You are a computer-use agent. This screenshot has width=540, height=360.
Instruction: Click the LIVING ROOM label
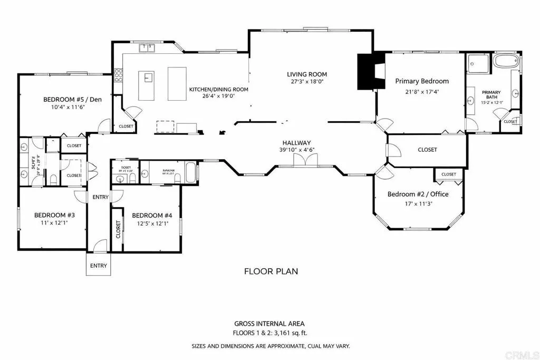[307, 74]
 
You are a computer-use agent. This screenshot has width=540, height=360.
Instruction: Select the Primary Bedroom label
[422, 81]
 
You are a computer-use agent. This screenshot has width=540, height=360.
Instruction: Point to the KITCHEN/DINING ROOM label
[218, 89]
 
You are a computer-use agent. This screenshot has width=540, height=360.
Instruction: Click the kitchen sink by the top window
[147, 48]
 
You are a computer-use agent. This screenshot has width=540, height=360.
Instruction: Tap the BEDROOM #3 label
[51, 215]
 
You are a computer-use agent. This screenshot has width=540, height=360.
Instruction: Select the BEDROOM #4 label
[152, 215]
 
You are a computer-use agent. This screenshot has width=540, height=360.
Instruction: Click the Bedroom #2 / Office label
[418, 194]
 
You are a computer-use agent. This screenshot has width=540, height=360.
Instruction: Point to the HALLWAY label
[296, 143]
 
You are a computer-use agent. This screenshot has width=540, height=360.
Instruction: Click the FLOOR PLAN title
[271, 271]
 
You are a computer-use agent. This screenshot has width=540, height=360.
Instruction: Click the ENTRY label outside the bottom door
[98, 266]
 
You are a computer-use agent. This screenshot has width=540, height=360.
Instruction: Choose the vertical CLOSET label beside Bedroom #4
[118, 229]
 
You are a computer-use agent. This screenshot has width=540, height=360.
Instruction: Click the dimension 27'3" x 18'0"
[307, 82]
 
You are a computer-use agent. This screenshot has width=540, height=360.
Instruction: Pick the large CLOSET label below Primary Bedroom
[427, 150]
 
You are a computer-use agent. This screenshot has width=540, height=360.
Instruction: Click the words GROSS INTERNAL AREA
[269, 324]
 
